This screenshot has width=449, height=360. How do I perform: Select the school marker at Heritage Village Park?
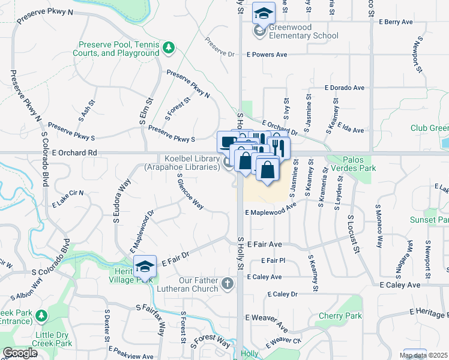pos(145,266)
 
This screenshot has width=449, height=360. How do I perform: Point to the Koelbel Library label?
pos(182,163)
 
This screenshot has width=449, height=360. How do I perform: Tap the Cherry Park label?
pos(340,316)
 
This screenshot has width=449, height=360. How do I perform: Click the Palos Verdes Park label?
pos(351,164)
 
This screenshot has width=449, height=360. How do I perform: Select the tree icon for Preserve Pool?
pos(169,46)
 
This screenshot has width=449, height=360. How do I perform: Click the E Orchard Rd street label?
pos(74,153)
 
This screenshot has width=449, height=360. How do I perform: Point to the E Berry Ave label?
pos(396,22)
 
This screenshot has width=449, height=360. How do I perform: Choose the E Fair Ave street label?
pos(264,245)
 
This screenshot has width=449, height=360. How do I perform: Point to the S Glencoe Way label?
pos(190,191)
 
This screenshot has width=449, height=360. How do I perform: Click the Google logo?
pos(20,353)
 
